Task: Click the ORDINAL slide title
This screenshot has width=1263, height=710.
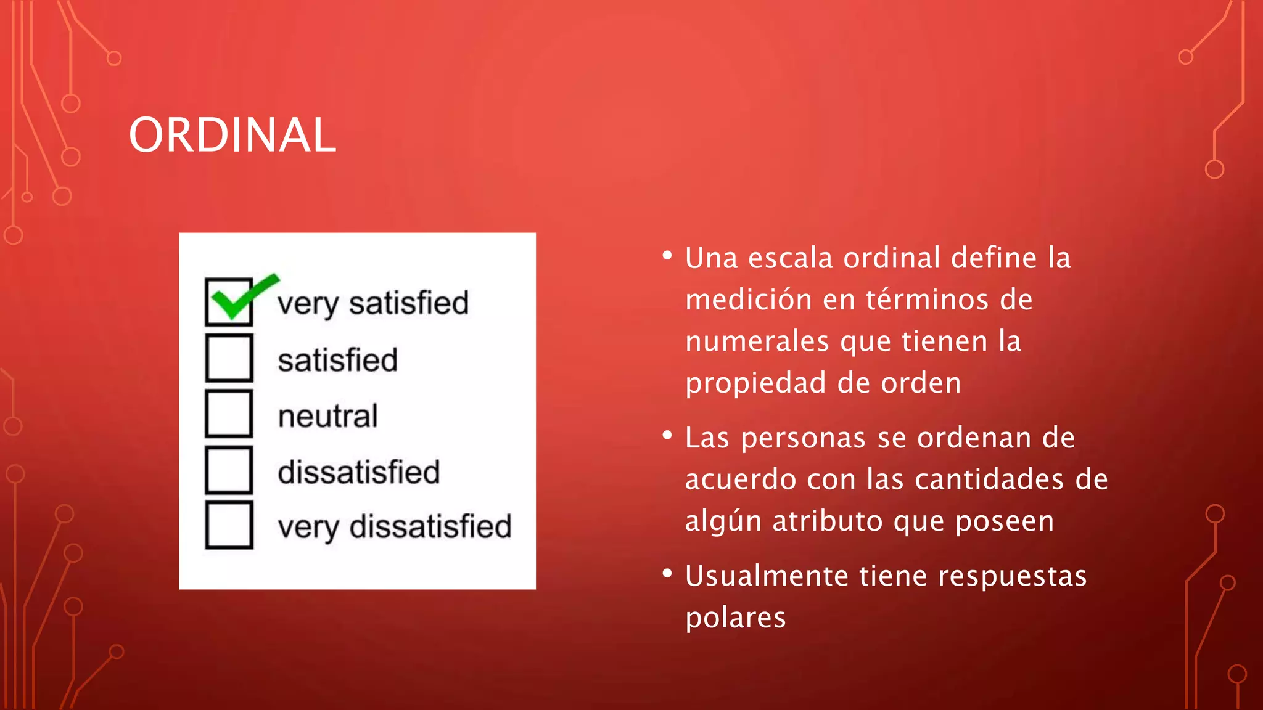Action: tap(232, 135)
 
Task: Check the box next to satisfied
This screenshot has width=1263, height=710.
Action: tap(229, 358)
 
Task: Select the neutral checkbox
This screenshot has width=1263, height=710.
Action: tap(229, 414)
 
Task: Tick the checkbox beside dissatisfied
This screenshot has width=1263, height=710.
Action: tap(229, 470)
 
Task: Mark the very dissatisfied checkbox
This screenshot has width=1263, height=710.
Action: tap(229, 525)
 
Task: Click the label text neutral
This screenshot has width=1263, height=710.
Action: tap(327, 416)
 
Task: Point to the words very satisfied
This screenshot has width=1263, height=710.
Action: tap(372, 303)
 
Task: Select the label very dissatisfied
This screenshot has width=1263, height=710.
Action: tap(394, 527)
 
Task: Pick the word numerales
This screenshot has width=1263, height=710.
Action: tap(757, 341)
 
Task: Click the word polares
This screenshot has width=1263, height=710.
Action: tap(736, 618)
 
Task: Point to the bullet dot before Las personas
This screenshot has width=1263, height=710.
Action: tap(667, 436)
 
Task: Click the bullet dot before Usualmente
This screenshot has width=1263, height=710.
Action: tap(667, 574)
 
